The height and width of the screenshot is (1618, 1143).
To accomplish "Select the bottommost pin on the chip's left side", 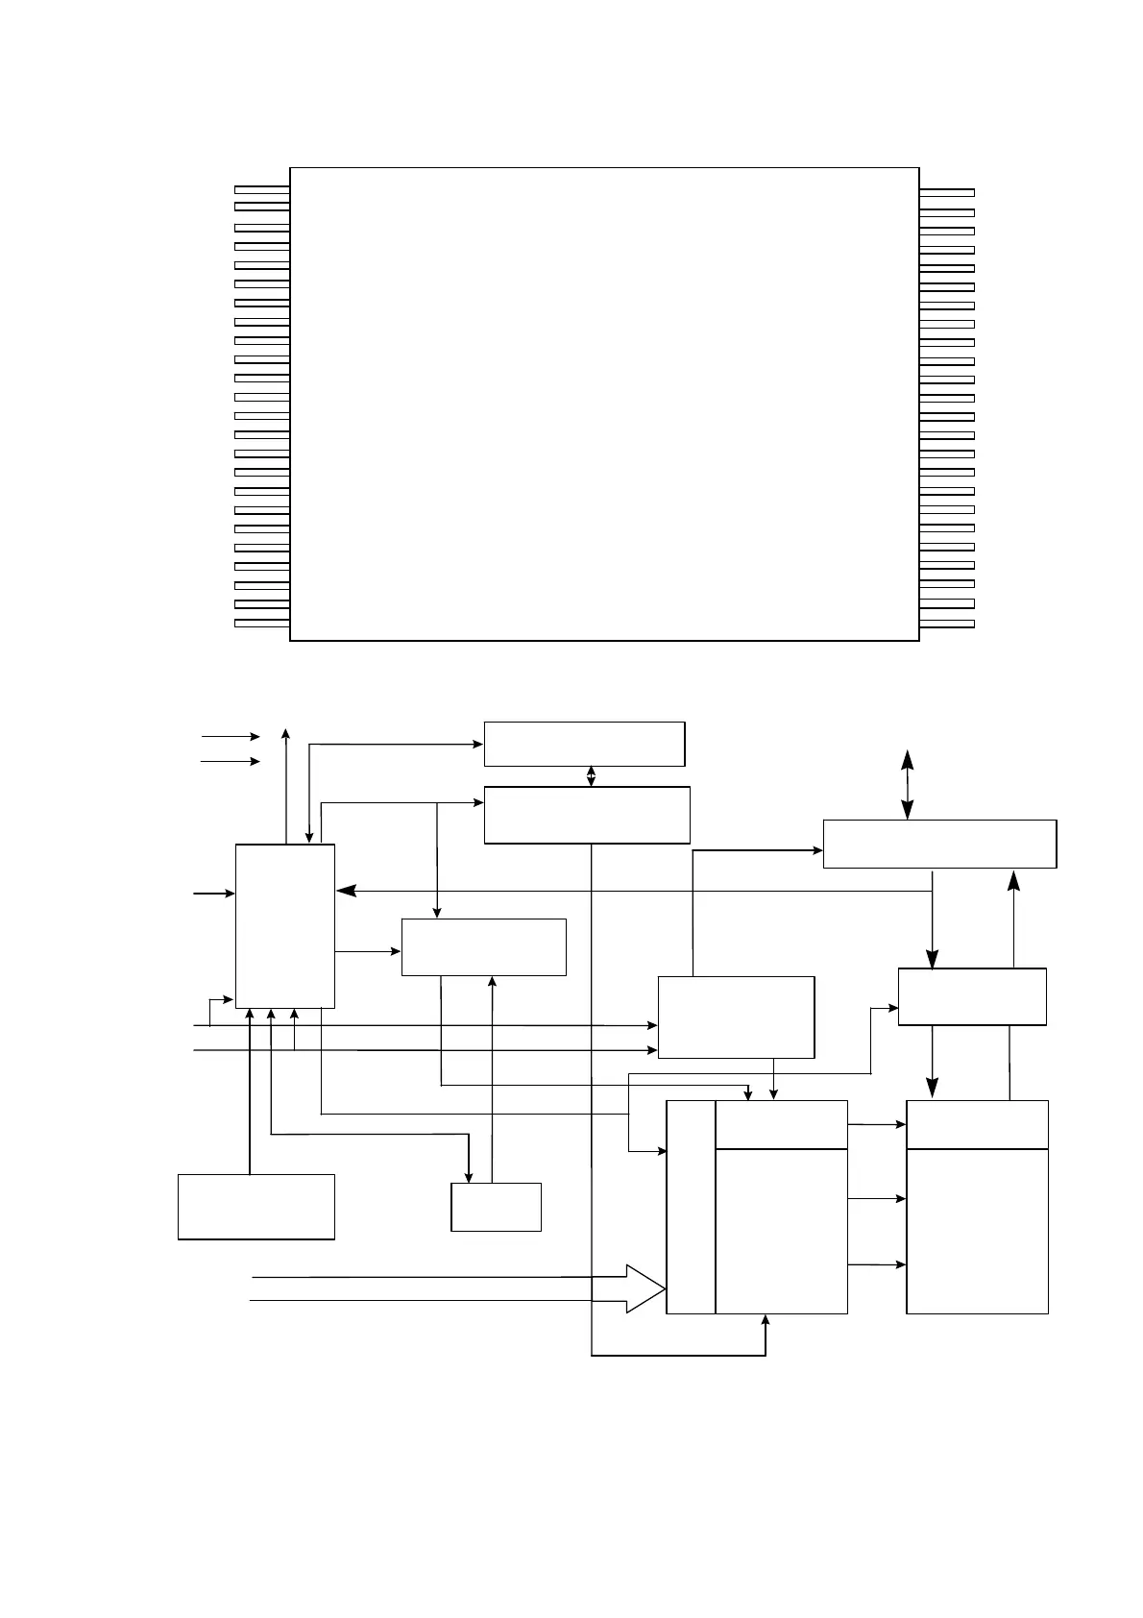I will pyautogui.click(x=261, y=624).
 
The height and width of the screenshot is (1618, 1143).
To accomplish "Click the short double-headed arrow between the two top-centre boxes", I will pyautogui.click(x=591, y=776).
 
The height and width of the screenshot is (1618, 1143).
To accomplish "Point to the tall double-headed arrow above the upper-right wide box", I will pyautogui.click(x=907, y=785).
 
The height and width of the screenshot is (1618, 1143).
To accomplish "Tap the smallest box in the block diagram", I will pyautogui.click(x=496, y=1207).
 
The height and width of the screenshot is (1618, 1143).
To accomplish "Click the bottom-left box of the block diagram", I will pyautogui.click(x=256, y=1207).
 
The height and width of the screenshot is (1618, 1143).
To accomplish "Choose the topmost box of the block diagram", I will pyautogui.click(x=584, y=744).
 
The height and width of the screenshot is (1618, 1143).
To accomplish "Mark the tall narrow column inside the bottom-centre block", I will pyautogui.click(x=691, y=1207).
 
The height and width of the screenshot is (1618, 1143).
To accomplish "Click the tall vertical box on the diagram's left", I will pyautogui.click(x=285, y=926).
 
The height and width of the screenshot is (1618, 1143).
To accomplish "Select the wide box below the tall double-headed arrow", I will pyautogui.click(x=939, y=844).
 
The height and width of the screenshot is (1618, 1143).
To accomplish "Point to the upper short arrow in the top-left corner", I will pyautogui.click(x=231, y=737).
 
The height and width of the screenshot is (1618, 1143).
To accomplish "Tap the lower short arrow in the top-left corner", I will pyautogui.click(x=231, y=762).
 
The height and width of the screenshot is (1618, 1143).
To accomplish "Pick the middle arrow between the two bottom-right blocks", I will pyautogui.click(x=877, y=1199).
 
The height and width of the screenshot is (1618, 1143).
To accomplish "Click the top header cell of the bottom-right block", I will pyautogui.click(x=977, y=1124).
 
